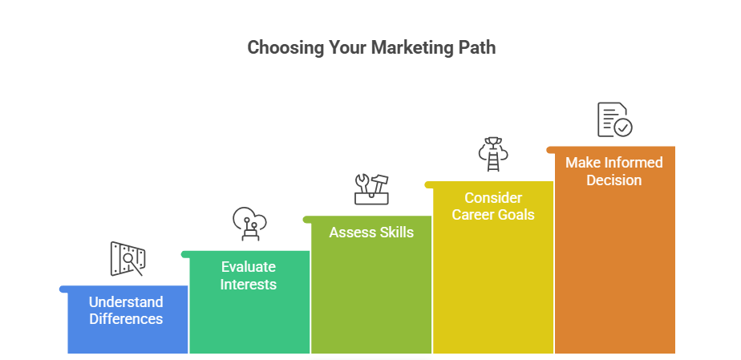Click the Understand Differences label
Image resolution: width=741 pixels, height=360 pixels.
pos(126,310)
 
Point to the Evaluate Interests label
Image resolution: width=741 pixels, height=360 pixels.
pos(249,275)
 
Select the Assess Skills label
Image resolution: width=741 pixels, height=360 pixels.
pos(371,233)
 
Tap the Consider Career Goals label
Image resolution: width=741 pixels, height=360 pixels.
pos(493,206)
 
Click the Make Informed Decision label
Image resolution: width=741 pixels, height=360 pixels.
pos(614,171)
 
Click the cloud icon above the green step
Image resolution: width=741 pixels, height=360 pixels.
pos(249,224)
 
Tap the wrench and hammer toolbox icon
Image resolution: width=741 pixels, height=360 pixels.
pos(371,188)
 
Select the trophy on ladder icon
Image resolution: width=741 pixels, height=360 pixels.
pos(492,154)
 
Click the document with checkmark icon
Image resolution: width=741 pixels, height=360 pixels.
pos(614,119)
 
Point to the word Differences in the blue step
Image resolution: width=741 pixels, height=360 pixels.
pos(126,319)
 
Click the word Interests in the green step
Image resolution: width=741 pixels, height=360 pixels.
pos(249,285)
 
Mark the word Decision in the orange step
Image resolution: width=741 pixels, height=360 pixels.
pos(614,180)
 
